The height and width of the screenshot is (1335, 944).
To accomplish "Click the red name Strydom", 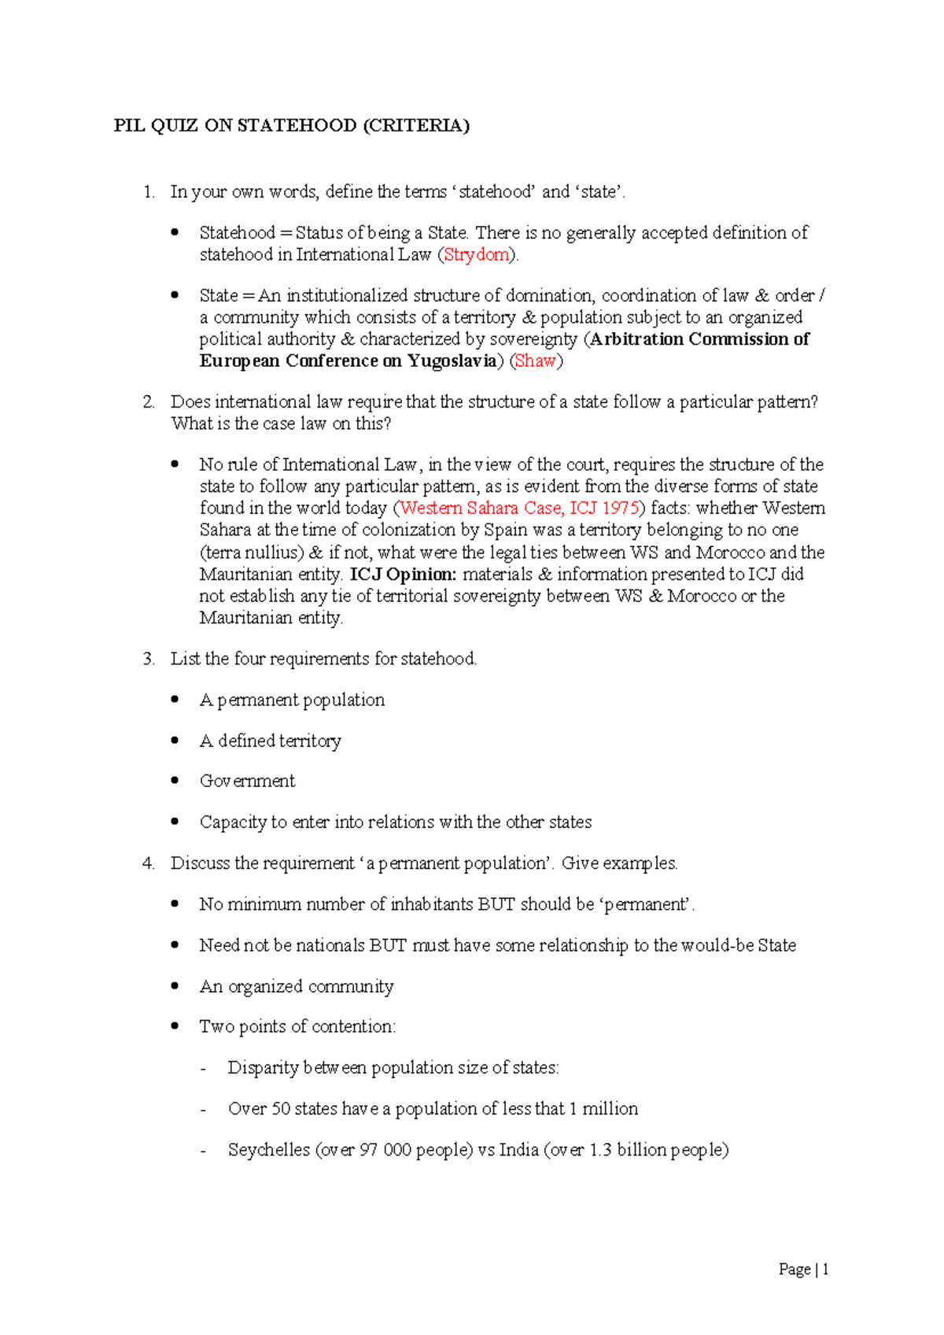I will coord(477,255).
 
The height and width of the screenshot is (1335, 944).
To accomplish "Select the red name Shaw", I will coord(535,361).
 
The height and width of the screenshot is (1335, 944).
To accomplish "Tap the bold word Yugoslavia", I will coord(452,361).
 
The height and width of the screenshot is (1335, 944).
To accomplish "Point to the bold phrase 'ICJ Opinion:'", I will coord(403,575).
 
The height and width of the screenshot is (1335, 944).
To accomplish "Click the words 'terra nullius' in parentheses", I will coord(252,553).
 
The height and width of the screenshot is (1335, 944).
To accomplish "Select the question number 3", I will coord(148,659).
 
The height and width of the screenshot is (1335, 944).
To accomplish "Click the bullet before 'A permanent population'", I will coord(175,699).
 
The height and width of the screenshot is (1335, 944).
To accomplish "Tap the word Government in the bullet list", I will coord(247,781).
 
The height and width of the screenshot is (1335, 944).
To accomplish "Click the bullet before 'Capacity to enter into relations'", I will coord(175,822).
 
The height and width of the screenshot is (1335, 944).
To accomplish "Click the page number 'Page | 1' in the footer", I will coord(803,1269).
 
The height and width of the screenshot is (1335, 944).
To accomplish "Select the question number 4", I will coord(148,863).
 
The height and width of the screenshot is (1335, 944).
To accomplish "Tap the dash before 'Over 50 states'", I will coord(204,1110).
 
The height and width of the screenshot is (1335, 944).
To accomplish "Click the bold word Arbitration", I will coord(636,339).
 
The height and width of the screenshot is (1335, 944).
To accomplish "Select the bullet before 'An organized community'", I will coord(175,986).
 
